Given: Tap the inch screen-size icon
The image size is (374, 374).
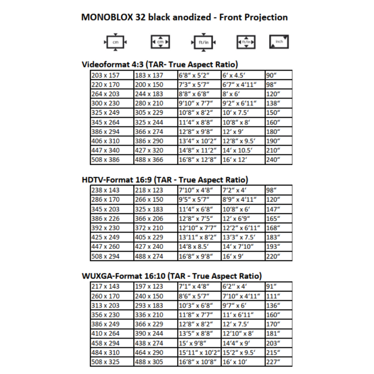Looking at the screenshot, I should click(279, 41).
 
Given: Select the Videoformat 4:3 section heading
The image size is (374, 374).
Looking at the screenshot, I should click(160, 64).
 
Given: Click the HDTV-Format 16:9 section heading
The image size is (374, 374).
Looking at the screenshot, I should click(165, 180).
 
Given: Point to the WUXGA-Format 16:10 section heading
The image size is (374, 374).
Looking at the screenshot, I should click(172, 276).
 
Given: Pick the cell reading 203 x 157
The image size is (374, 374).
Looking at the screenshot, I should click(106, 75).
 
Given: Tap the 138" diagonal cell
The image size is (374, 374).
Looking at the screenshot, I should click(272, 103).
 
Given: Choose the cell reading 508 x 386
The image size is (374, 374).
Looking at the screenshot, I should click(106, 159).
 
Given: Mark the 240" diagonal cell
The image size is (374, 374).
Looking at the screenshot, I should click(272, 159).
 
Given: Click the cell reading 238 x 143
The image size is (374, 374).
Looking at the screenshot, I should click(106, 191).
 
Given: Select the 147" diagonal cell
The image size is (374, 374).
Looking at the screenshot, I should click(272, 209).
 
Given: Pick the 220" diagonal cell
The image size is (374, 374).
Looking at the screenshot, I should click(272, 256).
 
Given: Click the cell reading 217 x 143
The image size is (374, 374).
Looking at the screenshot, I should click(106, 287).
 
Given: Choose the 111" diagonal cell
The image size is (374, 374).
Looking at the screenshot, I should click(272, 296).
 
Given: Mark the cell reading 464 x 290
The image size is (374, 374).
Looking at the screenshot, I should click(149, 352).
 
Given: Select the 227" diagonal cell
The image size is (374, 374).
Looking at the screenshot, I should click(272, 362).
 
